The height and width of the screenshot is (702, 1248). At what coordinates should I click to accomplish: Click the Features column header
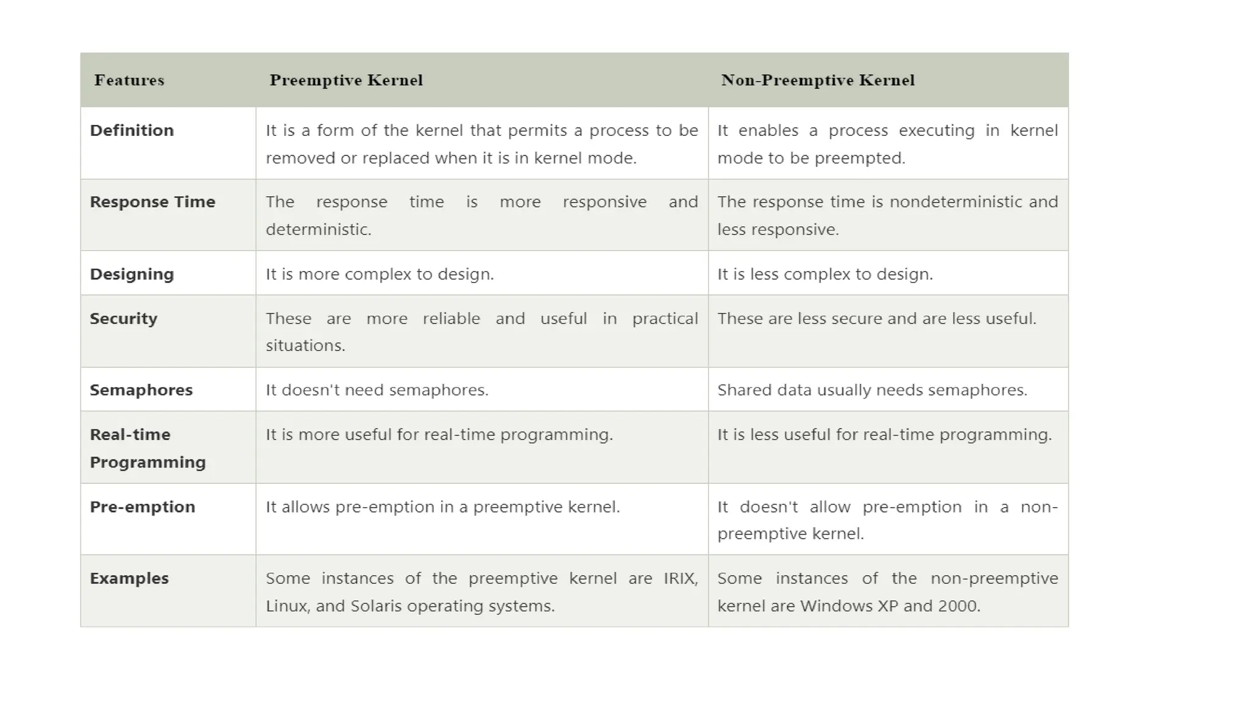[129, 80]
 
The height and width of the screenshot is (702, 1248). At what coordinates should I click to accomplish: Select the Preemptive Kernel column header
[346, 80]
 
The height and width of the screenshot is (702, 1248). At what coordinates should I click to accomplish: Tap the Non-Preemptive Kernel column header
[818, 80]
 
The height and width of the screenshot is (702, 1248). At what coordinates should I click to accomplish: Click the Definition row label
[132, 130]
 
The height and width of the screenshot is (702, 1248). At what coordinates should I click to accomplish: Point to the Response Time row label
[152, 202]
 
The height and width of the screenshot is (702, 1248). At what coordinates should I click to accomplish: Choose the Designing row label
[132, 274]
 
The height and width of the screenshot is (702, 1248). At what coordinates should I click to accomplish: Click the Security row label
[123, 319]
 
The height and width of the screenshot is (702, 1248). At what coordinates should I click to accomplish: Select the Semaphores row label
[141, 390]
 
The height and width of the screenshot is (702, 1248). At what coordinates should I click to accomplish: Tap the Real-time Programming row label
[147, 448]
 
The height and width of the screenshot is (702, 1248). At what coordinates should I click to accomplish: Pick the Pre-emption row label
[142, 507]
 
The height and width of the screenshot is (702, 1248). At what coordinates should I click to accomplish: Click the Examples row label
[129, 578]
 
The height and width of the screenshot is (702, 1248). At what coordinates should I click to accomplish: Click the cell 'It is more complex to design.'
[380, 274]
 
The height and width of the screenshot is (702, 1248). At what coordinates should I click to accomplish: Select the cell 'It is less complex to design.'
[824, 274]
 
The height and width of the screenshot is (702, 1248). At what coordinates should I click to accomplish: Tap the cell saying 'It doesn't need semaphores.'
[377, 390]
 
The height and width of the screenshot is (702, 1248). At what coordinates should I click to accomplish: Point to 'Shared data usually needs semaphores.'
[872, 390]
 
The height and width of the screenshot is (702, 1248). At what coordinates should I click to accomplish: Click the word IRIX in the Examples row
[680, 578]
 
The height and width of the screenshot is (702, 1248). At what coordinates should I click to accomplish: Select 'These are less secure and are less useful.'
[876, 319]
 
